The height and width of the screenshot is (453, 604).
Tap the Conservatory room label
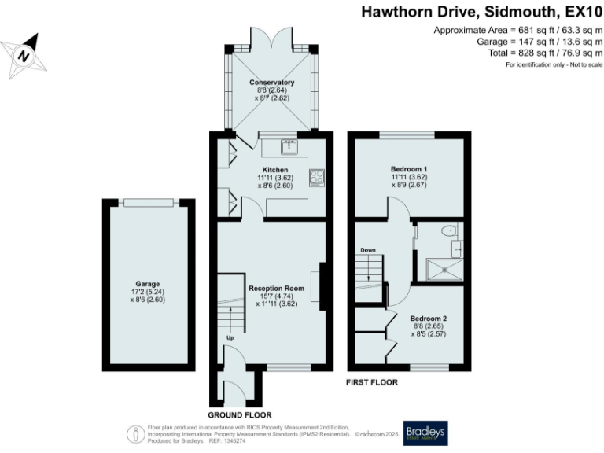pyautogui.click(x=271, y=83)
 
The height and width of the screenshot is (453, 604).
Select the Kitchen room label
pyautogui.click(x=274, y=170)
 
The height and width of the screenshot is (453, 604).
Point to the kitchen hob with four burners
pyautogui.click(x=318, y=178)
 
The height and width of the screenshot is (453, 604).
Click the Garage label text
pyautogui.click(x=147, y=284)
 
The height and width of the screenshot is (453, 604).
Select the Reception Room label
pyautogui.click(x=276, y=289)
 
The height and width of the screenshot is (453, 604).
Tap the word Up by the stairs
pyautogui.click(x=230, y=339)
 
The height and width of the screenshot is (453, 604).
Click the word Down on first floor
pyautogui.click(x=367, y=250)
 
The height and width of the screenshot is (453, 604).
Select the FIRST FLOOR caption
pyautogui.click(x=372, y=382)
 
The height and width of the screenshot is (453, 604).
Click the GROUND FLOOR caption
pyautogui.click(x=240, y=414)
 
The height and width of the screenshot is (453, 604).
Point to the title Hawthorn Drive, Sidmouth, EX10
pyautogui.click(x=481, y=12)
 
